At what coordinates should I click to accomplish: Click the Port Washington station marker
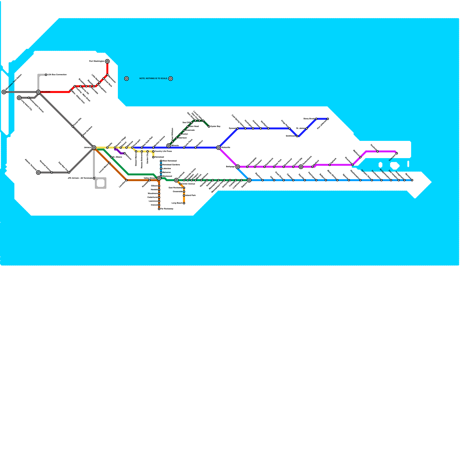(107, 61)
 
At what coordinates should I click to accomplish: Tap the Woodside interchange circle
(38, 92)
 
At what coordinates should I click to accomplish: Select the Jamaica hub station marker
(94, 147)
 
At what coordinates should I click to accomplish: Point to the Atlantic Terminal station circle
(38, 172)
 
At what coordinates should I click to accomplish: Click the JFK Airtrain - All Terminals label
(80, 178)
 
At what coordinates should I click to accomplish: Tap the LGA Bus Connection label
(57, 75)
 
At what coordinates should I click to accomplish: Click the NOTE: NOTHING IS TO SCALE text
(153, 78)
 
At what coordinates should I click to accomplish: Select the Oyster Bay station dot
(209, 126)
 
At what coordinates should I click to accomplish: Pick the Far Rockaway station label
(167, 209)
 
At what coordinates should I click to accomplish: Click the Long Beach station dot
(184, 203)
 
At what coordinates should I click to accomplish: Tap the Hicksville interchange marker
(218, 147)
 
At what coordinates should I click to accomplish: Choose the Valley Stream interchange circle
(159, 178)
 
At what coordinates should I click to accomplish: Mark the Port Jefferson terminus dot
(328, 119)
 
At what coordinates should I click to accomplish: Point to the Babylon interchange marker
(249, 180)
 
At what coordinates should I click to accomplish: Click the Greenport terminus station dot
(397, 153)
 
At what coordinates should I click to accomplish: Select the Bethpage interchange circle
(237, 167)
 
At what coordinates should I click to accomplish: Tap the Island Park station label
(190, 195)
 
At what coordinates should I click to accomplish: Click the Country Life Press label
(163, 151)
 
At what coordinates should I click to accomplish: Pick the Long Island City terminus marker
(19, 98)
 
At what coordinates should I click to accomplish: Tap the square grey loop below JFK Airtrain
(101, 183)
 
